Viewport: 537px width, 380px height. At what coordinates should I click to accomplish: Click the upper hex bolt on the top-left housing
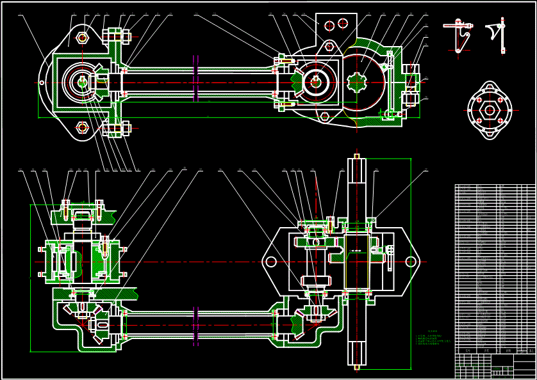(83, 37)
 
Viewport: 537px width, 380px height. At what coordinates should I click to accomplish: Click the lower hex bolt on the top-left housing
(83, 127)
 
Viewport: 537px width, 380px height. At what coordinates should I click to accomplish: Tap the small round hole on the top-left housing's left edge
(42, 82)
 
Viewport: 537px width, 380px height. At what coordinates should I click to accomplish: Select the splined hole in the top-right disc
(356, 83)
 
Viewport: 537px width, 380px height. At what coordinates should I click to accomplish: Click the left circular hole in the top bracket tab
(329, 26)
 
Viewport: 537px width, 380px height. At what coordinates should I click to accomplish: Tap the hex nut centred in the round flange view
(490, 109)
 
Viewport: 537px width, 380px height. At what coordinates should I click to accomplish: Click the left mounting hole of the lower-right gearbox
(271, 261)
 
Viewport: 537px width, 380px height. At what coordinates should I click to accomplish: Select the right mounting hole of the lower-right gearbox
(409, 261)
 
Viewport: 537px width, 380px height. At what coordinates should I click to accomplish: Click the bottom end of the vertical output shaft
(356, 363)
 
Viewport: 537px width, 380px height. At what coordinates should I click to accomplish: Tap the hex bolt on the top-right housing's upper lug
(329, 46)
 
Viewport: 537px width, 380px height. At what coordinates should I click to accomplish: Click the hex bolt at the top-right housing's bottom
(324, 116)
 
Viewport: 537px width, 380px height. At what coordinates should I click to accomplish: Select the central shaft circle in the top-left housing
(83, 81)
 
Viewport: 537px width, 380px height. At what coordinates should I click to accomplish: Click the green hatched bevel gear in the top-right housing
(298, 82)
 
